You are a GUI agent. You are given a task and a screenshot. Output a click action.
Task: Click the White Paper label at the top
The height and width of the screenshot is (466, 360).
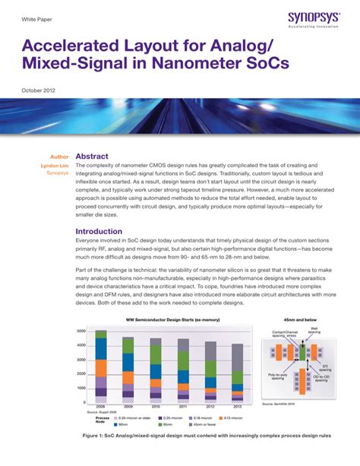pyautogui.click(x=35, y=17)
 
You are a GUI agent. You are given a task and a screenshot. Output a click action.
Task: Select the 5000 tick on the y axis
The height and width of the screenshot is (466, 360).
pyautogui.click(x=81, y=332)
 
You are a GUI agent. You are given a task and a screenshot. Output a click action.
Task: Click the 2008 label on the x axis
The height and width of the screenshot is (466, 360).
pyautogui.click(x=101, y=407)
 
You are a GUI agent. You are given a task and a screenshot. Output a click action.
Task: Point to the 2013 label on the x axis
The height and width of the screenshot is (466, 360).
pyautogui.click(x=237, y=407)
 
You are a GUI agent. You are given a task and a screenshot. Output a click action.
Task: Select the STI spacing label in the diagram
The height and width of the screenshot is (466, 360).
pyautogui.click(x=325, y=367)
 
